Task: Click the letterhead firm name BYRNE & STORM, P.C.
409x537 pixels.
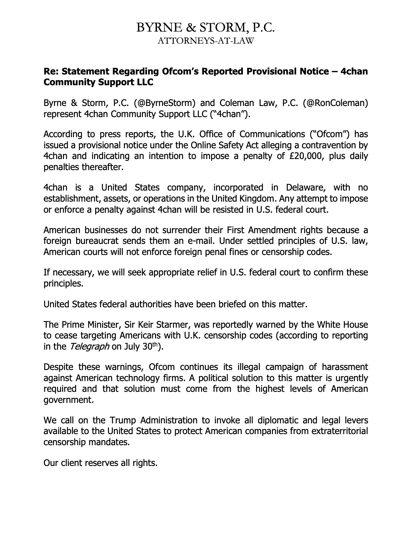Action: pyautogui.click(x=206, y=27)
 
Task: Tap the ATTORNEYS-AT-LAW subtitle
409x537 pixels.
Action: pyautogui.click(x=206, y=41)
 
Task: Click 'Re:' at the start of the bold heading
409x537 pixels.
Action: pyautogui.click(x=51, y=71)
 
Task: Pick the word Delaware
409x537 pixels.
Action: pyautogui.click(x=305, y=188)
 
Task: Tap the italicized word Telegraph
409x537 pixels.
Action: pyautogui.click(x=88, y=347)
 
